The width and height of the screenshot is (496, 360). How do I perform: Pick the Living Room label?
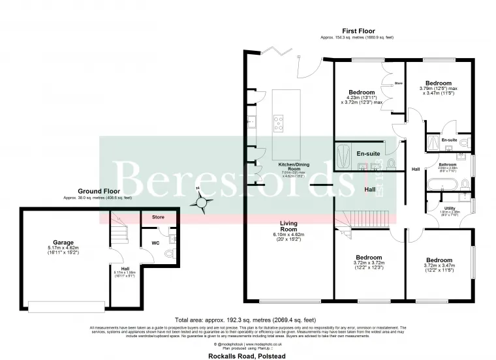coord(288,226)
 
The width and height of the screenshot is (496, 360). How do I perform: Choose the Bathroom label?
coord(448,164)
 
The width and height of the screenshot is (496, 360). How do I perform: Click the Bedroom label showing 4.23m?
coord(361,93)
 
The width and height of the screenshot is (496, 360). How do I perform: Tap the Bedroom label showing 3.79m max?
coord(439,83)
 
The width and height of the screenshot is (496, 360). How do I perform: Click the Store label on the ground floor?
coord(159,217)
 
